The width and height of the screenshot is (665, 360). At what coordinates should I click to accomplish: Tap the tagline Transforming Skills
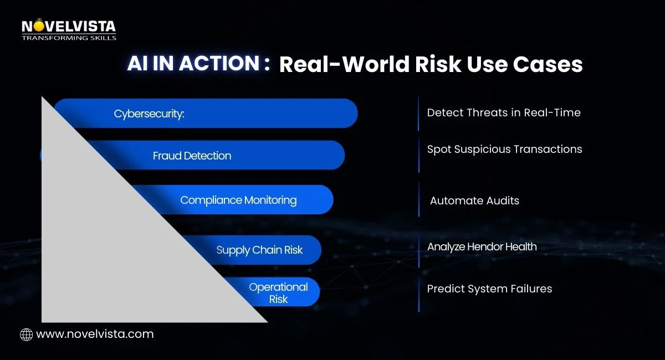tap(69, 38)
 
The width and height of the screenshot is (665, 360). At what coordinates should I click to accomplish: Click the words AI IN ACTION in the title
tap(193, 63)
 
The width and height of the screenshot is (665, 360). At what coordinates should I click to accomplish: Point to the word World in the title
tap(376, 64)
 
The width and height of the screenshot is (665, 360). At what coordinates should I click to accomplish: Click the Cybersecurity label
tap(149, 114)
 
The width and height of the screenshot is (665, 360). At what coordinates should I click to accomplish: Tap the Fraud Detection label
tap(192, 156)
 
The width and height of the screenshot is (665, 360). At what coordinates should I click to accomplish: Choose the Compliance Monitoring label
tap(238, 200)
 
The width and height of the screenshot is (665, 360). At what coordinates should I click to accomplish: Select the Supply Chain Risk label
tap(259, 250)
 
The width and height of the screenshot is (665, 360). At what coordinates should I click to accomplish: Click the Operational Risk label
tap(278, 293)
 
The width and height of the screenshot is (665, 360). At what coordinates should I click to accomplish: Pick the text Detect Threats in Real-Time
tap(504, 112)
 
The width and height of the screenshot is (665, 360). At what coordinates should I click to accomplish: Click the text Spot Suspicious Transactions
tap(505, 150)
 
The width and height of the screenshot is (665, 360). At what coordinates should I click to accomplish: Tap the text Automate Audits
tap(474, 200)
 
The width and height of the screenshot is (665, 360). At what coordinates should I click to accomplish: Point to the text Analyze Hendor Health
tap(482, 247)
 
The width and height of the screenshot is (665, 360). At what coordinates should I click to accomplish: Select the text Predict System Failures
tap(489, 289)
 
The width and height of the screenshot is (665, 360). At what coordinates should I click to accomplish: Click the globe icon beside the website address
tap(26, 335)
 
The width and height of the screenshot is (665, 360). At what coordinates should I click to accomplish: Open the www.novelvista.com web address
tap(95, 334)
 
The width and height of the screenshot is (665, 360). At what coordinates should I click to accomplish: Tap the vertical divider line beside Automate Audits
tap(419, 199)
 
